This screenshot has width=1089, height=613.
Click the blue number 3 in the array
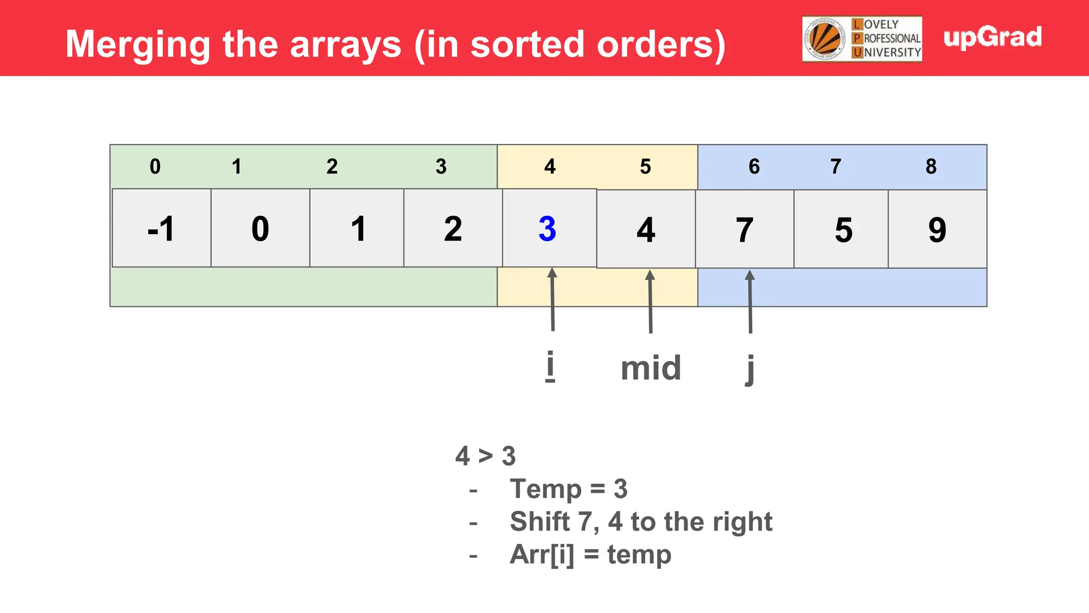pyautogui.click(x=547, y=229)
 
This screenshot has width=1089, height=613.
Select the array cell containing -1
pyautogui.click(x=161, y=229)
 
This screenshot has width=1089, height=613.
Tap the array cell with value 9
pyautogui.click(x=937, y=230)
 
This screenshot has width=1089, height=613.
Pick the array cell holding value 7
pyautogui.click(x=744, y=230)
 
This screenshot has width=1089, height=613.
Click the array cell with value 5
pyautogui.click(x=843, y=230)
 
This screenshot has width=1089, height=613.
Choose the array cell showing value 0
pyautogui.click(x=260, y=229)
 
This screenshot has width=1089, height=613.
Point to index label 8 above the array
pyautogui.click(x=931, y=167)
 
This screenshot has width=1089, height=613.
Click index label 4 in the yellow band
pyautogui.click(x=550, y=167)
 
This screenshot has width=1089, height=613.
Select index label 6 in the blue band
pyautogui.click(x=754, y=167)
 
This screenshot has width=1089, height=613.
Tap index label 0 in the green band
pyautogui.click(x=155, y=167)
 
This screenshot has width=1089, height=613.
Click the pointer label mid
pyautogui.click(x=651, y=368)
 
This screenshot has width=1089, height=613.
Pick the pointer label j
pyautogui.click(x=750, y=368)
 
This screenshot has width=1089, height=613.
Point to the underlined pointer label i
pyautogui.click(x=550, y=366)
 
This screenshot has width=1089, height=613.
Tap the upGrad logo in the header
pyautogui.click(x=992, y=37)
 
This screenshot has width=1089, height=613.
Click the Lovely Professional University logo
pyautogui.click(x=862, y=39)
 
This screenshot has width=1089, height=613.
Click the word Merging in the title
pyautogui.click(x=138, y=45)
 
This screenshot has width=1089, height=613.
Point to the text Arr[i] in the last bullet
pyautogui.click(x=542, y=554)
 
